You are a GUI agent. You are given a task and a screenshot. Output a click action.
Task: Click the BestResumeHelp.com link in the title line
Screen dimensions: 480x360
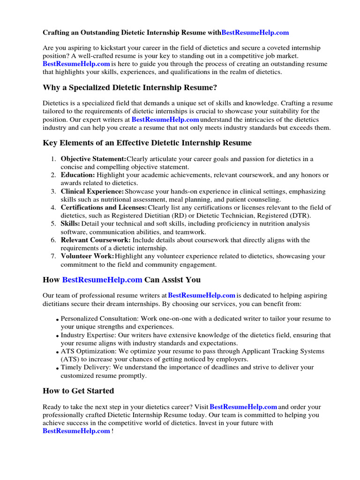(255, 32)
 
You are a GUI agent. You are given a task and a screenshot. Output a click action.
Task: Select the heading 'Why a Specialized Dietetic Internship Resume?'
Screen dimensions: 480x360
(130, 88)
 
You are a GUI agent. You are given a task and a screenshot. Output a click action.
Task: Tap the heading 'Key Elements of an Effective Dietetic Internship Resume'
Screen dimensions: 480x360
(147, 142)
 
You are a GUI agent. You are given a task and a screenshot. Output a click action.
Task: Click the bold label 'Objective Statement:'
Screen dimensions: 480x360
(93, 159)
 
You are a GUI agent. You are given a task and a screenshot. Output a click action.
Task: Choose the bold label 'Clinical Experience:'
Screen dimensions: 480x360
(92, 191)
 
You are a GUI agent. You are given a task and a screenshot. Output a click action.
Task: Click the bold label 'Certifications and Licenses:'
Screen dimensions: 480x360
(104, 207)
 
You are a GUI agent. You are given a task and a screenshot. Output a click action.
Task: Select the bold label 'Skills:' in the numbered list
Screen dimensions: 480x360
(70, 224)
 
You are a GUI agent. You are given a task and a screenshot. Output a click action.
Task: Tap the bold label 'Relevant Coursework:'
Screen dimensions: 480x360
(96, 240)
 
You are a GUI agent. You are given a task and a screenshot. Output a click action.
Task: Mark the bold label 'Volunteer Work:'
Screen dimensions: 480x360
(87, 256)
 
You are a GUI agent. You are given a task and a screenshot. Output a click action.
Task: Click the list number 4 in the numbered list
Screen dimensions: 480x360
(53, 207)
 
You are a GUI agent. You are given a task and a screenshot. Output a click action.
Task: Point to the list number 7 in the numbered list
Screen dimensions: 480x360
(53, 256)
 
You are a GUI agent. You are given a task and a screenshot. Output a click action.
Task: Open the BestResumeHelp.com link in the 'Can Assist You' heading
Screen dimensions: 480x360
(102, 280)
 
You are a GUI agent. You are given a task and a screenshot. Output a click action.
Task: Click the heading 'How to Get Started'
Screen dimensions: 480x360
(78, 390)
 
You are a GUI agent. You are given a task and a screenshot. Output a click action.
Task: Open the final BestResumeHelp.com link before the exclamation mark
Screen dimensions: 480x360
(76, 431)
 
